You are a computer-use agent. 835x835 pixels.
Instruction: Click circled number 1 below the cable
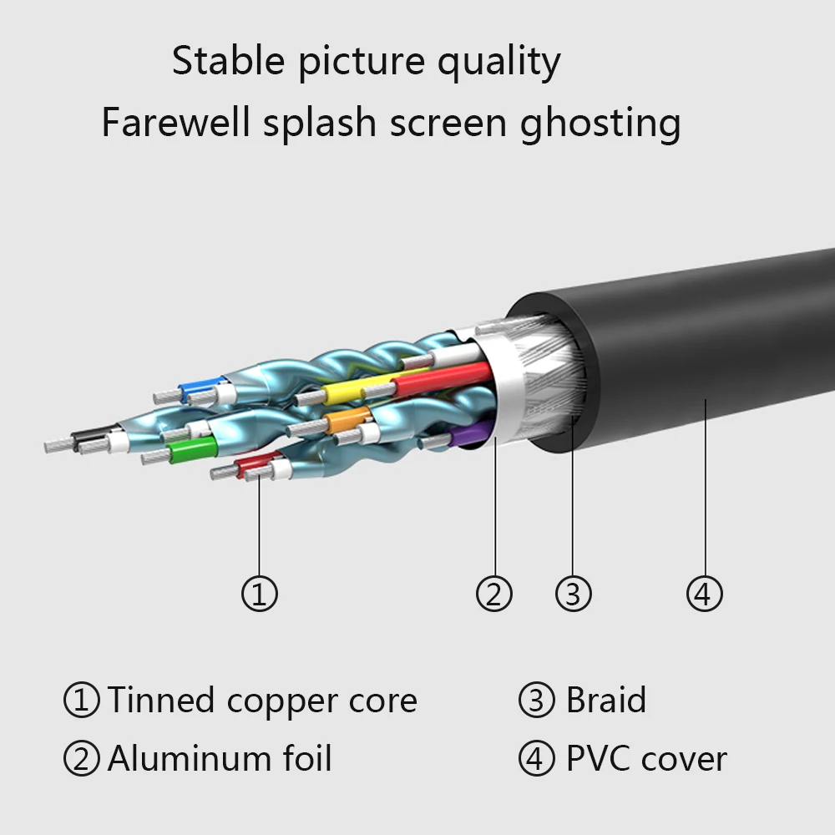point(259,594)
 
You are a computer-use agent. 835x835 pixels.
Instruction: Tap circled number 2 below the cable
point(493,594)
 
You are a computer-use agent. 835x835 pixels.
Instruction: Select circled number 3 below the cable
point(573,594)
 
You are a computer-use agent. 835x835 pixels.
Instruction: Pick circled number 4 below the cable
point(704,594)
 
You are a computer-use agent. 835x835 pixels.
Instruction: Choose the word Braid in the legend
point(605,700)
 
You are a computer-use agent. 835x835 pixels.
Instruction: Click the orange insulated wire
point(347,420)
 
